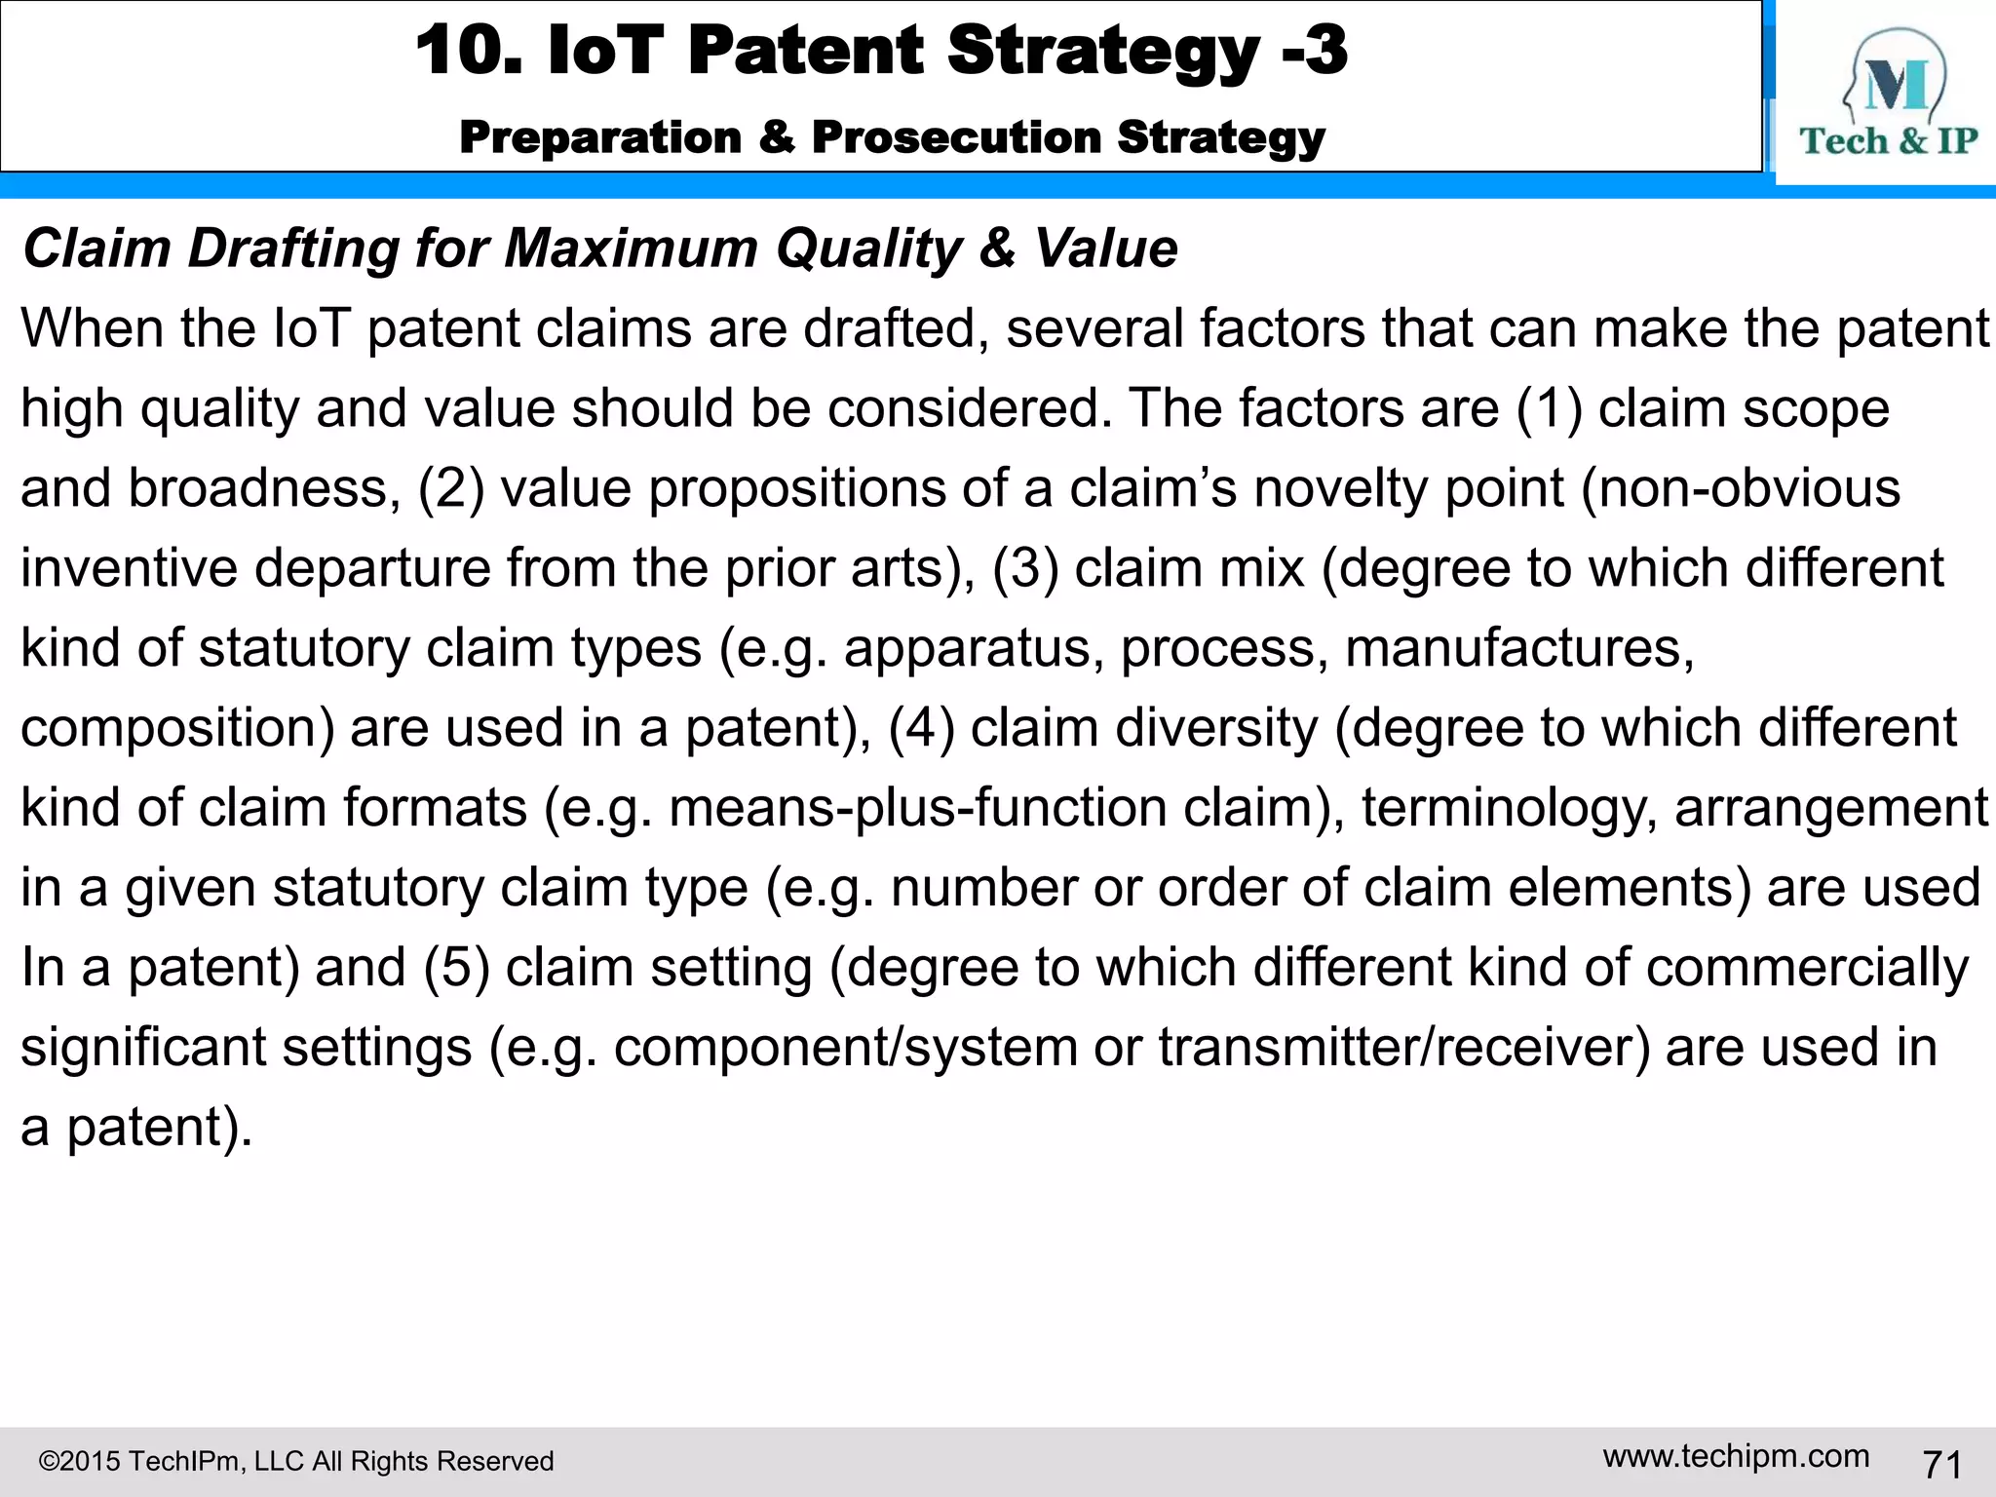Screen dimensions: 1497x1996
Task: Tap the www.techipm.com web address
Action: tap(1736, 1456)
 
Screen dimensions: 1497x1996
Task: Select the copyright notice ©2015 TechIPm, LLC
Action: tap(295, 1461)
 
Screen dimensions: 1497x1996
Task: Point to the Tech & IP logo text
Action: tap(1888, 141)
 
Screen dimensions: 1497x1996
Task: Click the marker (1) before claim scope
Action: tap(1550, 408)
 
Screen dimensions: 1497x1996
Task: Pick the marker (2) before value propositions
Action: tap(450, 488)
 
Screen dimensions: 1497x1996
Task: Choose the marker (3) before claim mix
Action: tap(1024, 568)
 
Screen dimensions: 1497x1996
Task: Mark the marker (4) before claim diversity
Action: tap(921, 728)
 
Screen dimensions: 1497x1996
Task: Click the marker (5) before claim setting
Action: tap(456, 968)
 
